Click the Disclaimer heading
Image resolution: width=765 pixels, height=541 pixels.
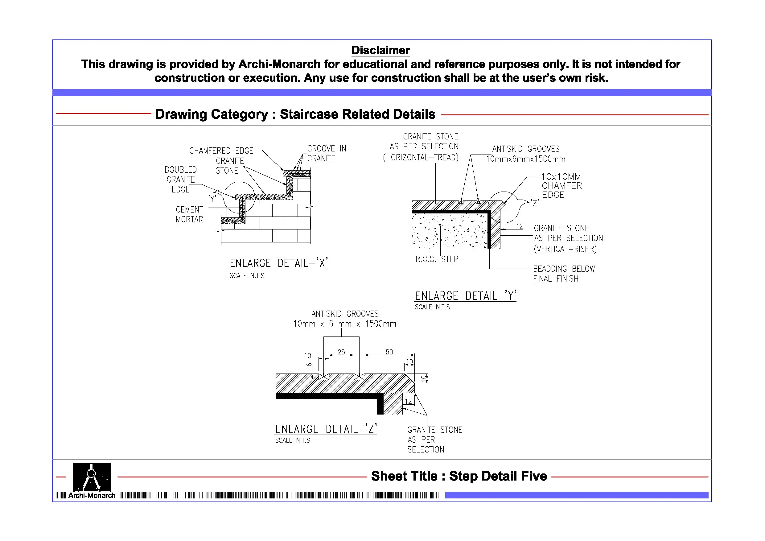380,50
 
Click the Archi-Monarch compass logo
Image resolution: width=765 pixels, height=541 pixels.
92,477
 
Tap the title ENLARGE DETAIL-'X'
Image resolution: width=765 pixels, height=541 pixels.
278,263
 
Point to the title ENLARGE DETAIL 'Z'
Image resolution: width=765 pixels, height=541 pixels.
326,429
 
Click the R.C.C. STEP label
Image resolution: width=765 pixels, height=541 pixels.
437,259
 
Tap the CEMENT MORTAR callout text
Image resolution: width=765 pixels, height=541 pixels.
189,214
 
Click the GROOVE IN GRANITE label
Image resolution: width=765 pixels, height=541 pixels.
326,153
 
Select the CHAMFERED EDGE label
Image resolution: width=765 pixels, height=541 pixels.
221,151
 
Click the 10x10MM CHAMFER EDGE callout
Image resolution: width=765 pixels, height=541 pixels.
561,186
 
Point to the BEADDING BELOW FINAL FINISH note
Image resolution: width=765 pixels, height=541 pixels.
564,273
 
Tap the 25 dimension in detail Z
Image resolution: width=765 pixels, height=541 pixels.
341,352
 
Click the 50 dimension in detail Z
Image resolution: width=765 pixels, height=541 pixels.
389,352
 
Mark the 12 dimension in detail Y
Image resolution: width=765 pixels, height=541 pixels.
520,227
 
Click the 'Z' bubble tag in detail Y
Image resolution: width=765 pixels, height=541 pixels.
535,203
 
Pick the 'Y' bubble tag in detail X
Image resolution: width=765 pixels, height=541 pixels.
212,199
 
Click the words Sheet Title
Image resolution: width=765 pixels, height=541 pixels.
404,476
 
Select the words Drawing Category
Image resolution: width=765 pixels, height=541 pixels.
212,114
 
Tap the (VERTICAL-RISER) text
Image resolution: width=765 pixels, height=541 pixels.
565,249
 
